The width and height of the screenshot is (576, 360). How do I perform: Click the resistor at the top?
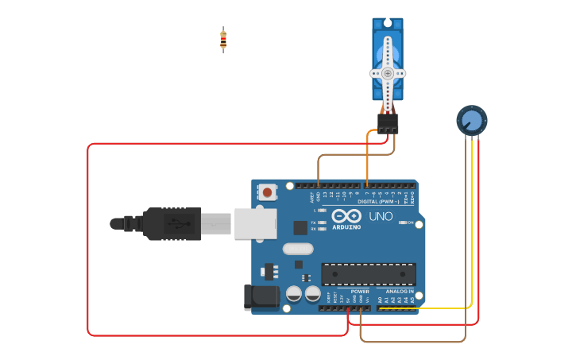223,39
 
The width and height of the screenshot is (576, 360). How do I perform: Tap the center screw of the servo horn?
388,72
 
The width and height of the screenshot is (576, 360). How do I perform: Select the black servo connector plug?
388,122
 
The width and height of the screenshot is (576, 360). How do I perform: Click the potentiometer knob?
471,121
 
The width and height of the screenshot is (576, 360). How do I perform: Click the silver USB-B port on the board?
255,224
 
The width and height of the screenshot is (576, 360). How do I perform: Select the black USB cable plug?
171,224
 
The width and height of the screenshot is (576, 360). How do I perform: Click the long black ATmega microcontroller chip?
368,274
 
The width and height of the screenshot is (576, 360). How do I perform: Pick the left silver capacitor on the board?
294,293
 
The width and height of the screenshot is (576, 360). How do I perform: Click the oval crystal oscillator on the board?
298,249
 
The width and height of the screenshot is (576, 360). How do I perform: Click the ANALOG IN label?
399,292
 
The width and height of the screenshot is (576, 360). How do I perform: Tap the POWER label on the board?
359,292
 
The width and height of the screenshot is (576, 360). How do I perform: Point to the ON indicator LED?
402,223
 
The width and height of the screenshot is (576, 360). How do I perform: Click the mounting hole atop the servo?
388,24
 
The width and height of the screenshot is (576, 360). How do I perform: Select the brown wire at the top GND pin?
319,171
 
